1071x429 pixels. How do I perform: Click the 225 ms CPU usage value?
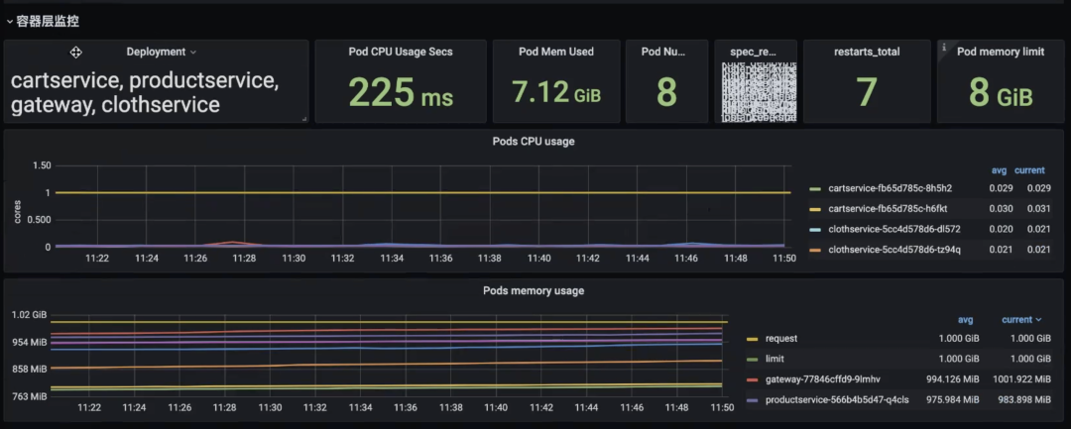pos(400,93)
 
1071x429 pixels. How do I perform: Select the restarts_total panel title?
pos(866,52)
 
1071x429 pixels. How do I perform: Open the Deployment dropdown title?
pos(161,52)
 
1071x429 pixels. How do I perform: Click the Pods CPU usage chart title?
pos(534,141)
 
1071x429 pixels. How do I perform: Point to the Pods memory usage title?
pos(534,290)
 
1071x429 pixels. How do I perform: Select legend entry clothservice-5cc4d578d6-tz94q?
pos(893,250)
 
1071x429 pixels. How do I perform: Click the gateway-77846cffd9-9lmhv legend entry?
pos(822,379)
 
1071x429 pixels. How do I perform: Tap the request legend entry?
pos(781,338)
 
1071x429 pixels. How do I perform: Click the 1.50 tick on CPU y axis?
pos(41,165)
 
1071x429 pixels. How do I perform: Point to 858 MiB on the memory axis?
pos(29,369)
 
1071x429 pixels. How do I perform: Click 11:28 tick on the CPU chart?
pos(245,259)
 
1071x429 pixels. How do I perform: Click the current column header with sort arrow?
pos(1021,319)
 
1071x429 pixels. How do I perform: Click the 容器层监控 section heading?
pos(48,20)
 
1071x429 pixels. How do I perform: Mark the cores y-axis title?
pos(17,209)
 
